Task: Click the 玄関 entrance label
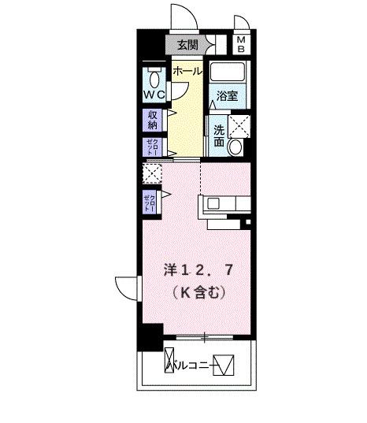pos(187,45)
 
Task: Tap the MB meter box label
pos(242,44)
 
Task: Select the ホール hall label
pos(187,71)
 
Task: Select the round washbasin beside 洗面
pos(235,147)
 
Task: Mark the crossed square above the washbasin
pos(238,124)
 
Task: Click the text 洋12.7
pos(197,270)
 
